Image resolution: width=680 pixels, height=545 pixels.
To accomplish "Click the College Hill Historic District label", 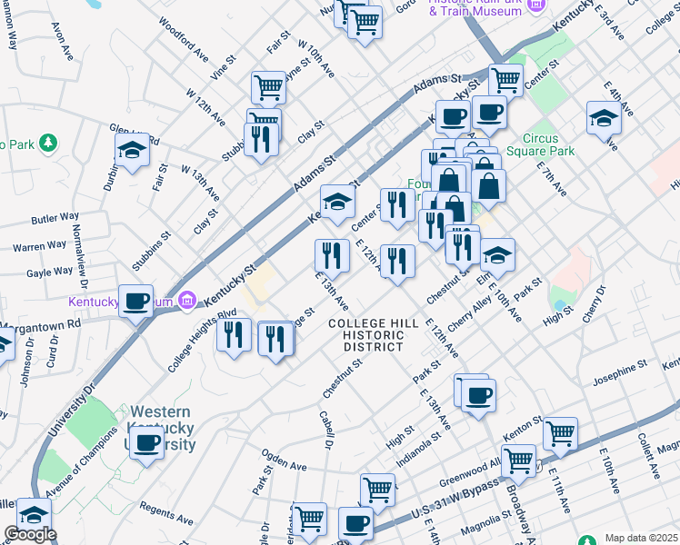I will pyautogui.click(x=373, y=335).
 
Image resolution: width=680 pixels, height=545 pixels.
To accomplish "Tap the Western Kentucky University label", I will pyautogui.click(x=163, y=428).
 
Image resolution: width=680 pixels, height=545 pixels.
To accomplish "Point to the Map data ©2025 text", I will pyautogui.click(x=640, y=538).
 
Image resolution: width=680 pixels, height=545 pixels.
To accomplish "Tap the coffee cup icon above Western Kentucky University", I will pyautogui.click(x=145, y=443).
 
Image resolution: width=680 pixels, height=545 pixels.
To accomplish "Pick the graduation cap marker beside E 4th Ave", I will pyautogui.click(x=604, y=117).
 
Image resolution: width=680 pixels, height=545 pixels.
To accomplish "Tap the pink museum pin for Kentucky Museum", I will pyautogui.click(x=187, y=299).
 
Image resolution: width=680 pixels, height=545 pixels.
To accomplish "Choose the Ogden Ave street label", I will pyautogui.click(x=284, y=464).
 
